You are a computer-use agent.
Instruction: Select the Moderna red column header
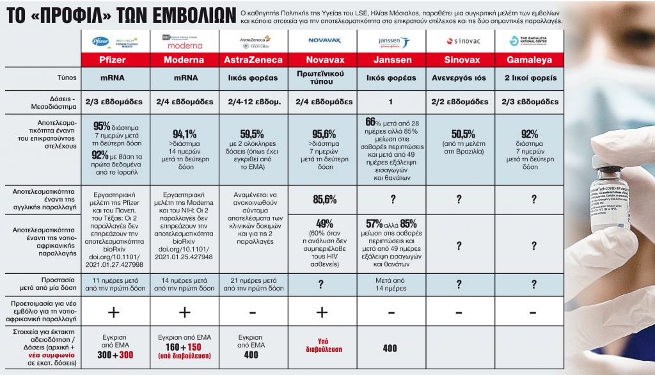[x=184, y=60]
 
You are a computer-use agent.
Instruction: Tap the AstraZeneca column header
[x=253, y=60]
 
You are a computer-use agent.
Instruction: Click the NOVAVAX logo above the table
[x=322, y=40]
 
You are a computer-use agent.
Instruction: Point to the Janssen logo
[x=391, y=42]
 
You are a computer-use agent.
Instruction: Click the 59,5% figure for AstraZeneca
[x=251, y=134]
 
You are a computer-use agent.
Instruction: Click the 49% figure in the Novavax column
[x=322, y=223]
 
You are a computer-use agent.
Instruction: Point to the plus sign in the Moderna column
[x=184, y=312]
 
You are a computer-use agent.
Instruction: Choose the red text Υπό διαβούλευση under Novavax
[x=322, y=345]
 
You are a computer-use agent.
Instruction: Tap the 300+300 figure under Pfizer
[x=115, y=353]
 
